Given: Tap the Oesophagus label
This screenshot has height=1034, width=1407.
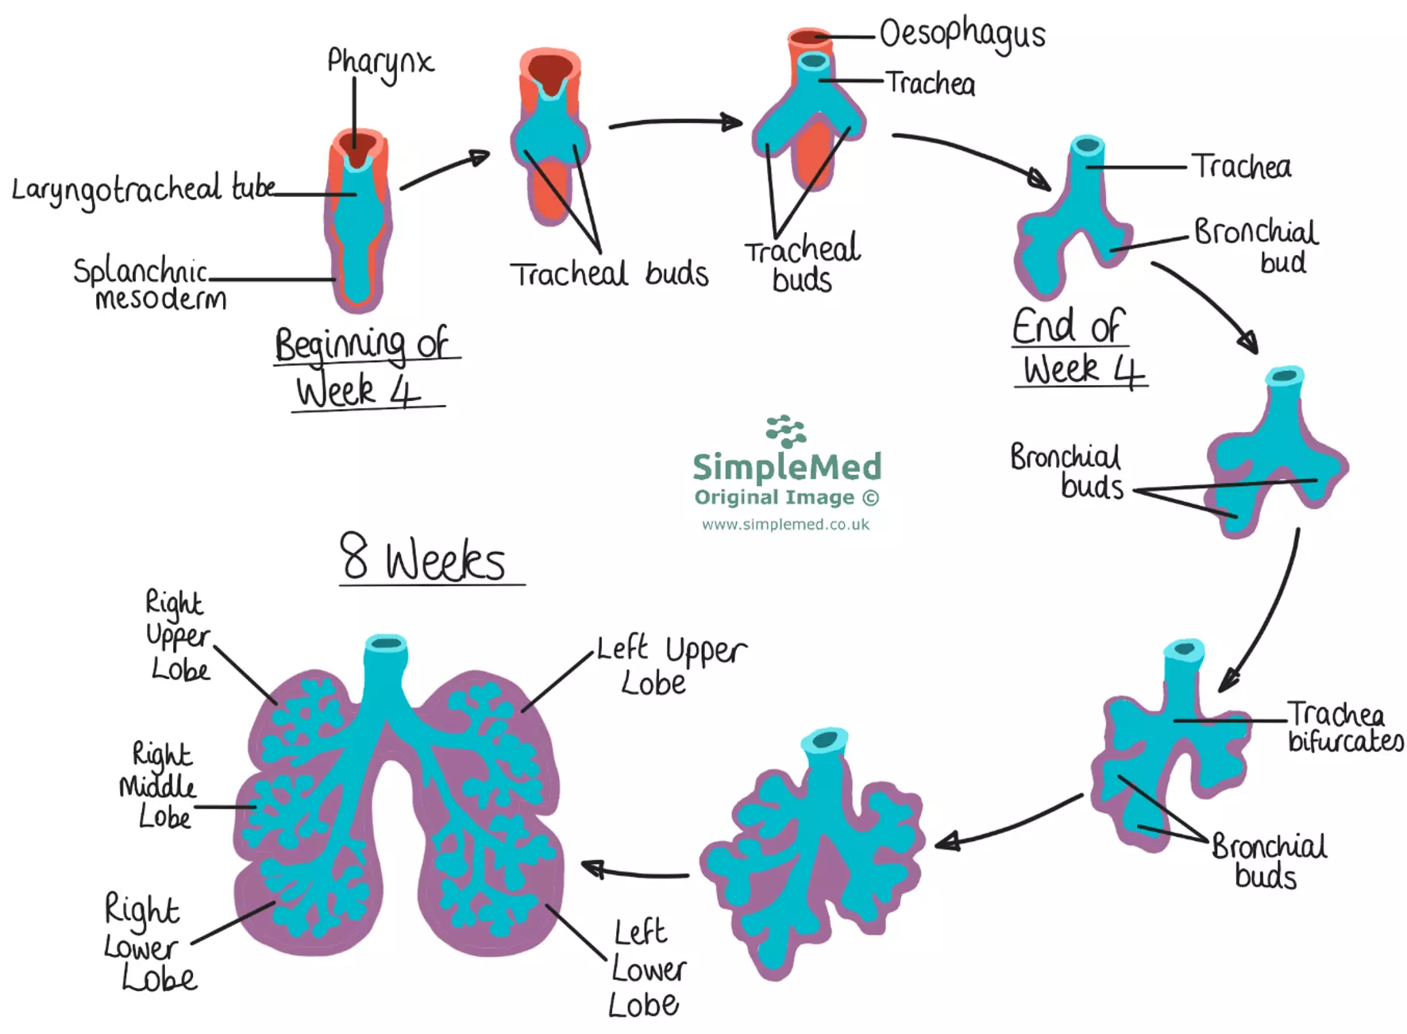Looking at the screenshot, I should point(962,34).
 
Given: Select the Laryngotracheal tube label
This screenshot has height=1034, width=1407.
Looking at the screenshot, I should point(143,189).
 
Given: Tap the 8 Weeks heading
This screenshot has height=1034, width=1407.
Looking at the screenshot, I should point(424,558).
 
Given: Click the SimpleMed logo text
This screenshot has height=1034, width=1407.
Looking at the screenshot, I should point(787,466).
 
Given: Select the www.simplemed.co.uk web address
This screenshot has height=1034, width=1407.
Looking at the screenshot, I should point(785,524).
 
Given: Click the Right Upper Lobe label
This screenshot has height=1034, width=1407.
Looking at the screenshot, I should point(178,635).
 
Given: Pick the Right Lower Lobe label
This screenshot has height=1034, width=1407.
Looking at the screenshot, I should point(148,943).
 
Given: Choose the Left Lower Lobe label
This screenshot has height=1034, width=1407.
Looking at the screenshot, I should point(647,968).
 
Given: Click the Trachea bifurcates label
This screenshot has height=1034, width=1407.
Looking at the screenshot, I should point(1343,727).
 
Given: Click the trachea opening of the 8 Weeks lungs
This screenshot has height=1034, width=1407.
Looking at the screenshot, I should point(386,643).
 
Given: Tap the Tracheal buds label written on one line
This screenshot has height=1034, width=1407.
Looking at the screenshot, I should point(609,274).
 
